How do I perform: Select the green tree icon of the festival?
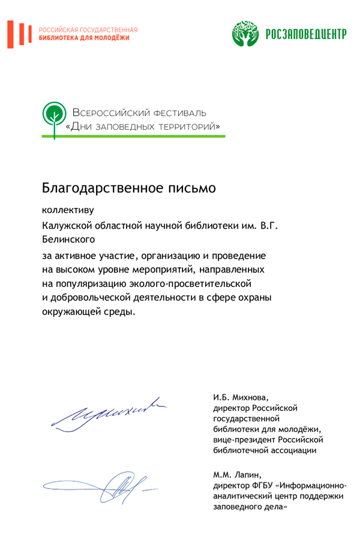point(54,117)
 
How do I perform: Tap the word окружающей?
point(68,312)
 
